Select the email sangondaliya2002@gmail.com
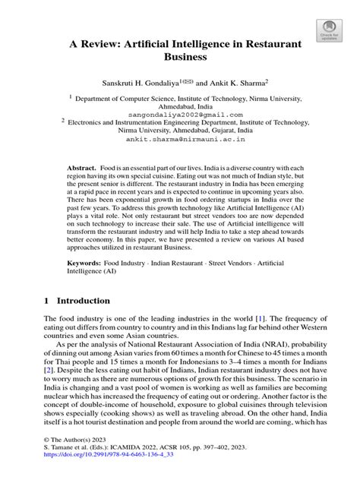point(185,112)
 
